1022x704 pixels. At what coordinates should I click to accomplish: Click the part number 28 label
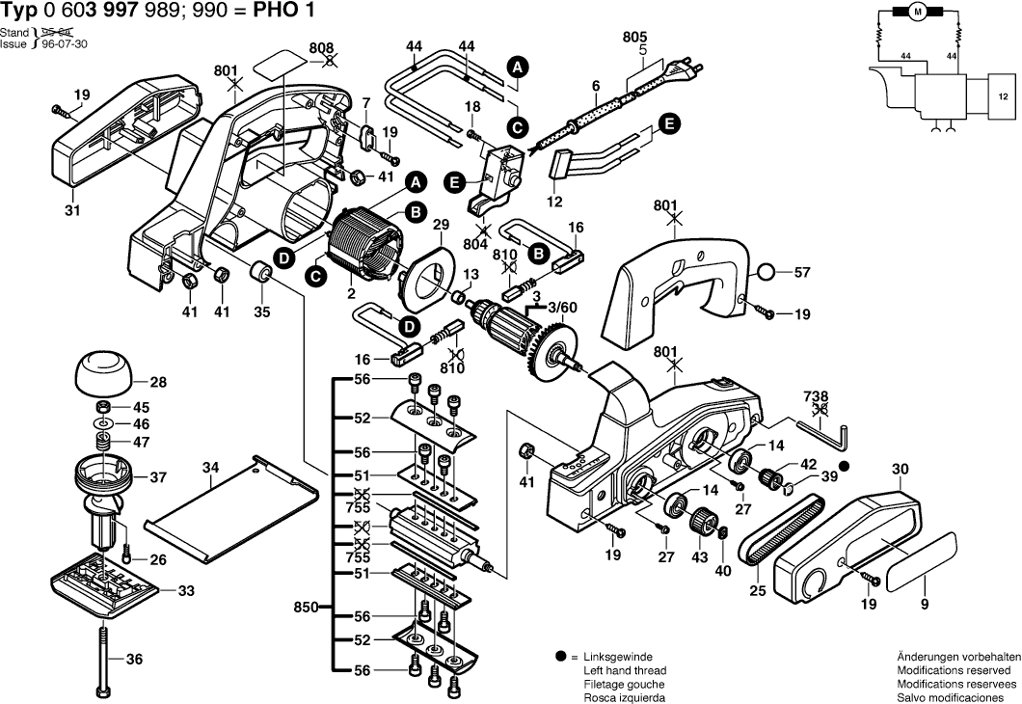click(x=158, y=383)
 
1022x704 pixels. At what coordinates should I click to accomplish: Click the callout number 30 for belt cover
click(x=900, y=470)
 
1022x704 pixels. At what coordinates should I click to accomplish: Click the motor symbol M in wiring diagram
click(x=918, y=12)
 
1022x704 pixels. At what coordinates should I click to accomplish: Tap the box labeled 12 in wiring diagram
click(x=1003, y=97)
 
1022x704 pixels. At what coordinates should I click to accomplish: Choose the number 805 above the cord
click(x=634, y=36)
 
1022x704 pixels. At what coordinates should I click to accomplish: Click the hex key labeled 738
click(x=825, y=430)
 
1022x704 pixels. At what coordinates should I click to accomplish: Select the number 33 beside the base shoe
click(x=186, y=590)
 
